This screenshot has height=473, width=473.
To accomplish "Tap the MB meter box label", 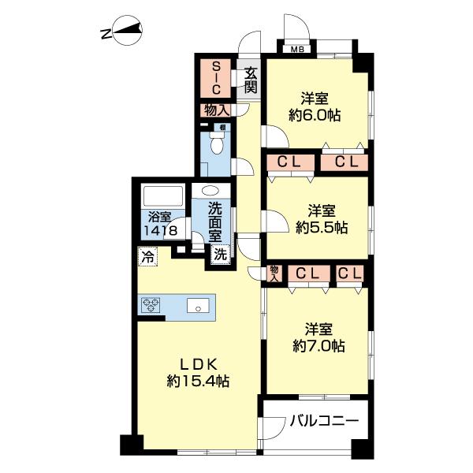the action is click(x=297, y=49).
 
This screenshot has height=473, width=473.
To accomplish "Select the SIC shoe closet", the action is click(x=215, y=78).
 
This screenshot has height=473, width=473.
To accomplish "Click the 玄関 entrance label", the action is click(x=251, y=80).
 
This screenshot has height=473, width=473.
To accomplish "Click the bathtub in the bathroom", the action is click(x=163, y=196).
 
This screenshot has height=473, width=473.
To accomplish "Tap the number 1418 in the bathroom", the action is click(x=160, y=231).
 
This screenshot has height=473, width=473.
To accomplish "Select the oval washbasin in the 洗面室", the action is click(x=210, y=191).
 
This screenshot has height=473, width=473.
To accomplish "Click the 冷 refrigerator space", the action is click(x=148, y=257).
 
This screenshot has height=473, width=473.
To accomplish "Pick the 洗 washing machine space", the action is click(x=221, y=255).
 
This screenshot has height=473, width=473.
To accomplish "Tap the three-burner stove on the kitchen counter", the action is click(x=151, y=304).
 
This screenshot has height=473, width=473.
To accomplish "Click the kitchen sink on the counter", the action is click(x=198, y=305).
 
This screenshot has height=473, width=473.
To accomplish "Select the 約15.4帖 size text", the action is click(x=198, y=382).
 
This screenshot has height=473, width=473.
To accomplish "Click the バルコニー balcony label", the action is click(x=325, y=420).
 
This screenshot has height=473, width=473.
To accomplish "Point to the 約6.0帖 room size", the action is click(x=315, y=115).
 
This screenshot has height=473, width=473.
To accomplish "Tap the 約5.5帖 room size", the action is click(x=322, y=228).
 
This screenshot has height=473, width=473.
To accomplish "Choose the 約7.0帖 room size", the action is click(x=318, y=346).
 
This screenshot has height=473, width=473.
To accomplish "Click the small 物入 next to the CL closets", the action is click(x=274, y=274).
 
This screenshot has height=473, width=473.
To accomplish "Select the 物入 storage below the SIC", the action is click(x=217, y=110).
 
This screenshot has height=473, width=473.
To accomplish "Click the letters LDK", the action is click(x=199, y=365).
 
